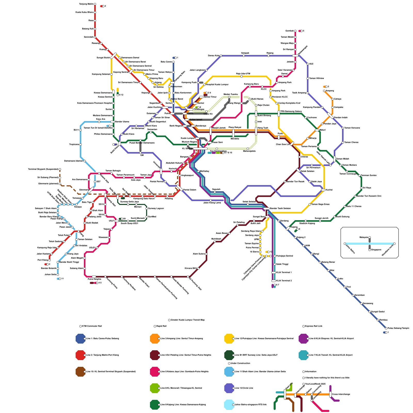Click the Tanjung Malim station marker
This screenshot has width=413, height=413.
click(95, 4)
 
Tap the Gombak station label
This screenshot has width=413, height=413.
click(289, 31)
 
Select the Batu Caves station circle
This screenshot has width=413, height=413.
click(173, 62)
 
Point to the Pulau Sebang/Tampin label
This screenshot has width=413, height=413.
click(398, 328)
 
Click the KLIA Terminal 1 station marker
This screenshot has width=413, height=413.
click(274, 273)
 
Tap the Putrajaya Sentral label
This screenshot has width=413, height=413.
click(284, 256)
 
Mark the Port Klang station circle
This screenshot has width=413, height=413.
click(50, 260)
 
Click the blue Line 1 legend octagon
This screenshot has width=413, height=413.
click(81, 339)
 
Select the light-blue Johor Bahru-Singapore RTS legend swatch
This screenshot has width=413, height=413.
click(229, 405)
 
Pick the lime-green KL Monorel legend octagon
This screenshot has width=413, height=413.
click(155, 388)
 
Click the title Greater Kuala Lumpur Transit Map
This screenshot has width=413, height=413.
click(188, 320)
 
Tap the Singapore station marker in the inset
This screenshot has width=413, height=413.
click(370, 250)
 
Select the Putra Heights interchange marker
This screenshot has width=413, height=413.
click(94, 277)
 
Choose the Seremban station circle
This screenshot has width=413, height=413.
click(353, 295)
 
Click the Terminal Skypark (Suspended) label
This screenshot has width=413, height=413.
click(43, 169)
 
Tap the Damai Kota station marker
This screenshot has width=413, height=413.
click(221, 56)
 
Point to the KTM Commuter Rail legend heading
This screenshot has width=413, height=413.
click(92, 326)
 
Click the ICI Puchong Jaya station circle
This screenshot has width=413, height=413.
click(188, 277)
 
